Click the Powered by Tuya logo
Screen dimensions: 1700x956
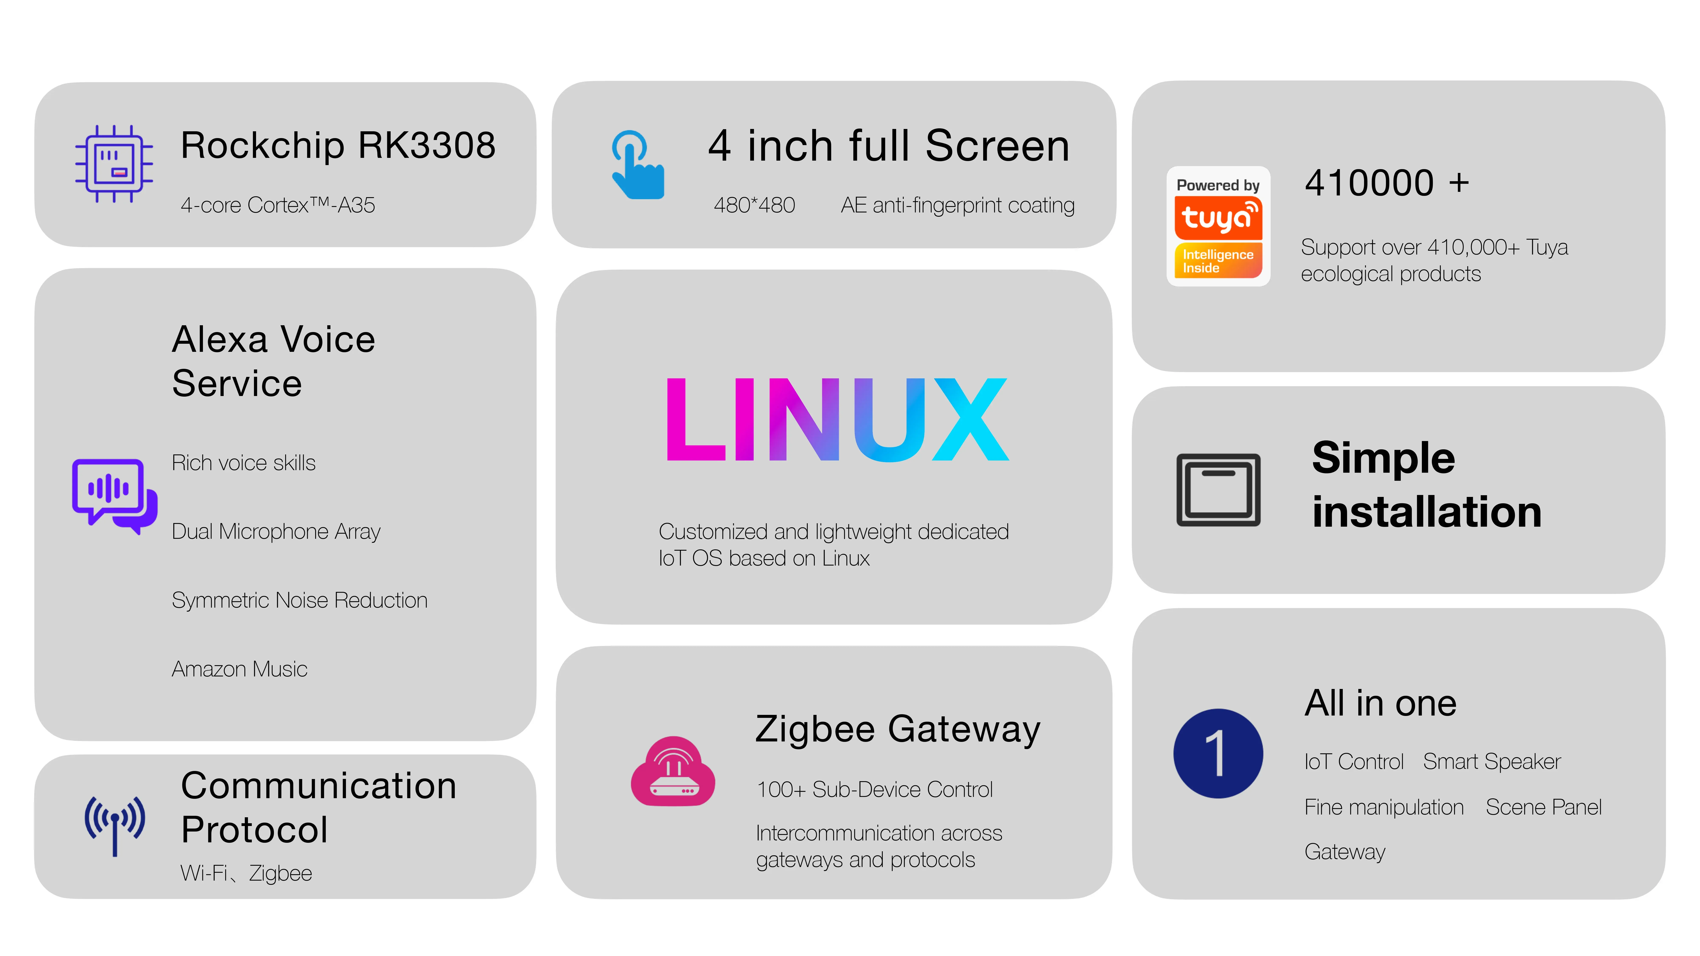(1218, 226)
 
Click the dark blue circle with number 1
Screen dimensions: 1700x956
(1218, 754)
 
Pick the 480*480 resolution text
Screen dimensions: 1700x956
(754, 205)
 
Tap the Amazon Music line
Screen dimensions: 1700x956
(239, 669)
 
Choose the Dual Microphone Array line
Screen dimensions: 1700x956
(276, 532)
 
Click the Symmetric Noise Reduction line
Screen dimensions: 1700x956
(299, 600)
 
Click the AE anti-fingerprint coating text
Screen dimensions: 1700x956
(957, 205)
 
